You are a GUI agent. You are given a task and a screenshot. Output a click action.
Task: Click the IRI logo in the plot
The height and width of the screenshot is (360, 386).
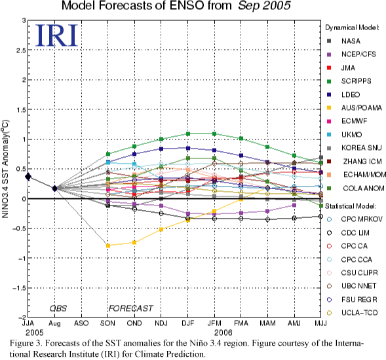click(x=56, y=35)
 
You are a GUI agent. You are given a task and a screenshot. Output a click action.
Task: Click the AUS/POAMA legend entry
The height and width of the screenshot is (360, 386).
click(x=354, y=108)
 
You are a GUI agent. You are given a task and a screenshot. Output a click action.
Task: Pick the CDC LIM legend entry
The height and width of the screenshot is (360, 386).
click(x=348, y=232)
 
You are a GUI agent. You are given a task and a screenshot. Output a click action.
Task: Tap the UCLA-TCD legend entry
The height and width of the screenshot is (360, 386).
click(x=352, y=313)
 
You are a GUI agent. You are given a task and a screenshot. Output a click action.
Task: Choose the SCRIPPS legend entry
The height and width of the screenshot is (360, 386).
click(x=349, y=81)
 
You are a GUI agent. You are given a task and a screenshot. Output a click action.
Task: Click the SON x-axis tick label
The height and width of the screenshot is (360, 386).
click(x=108, y=323)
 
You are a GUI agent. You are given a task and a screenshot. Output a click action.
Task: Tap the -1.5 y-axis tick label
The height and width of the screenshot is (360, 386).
click(x=19, y=288)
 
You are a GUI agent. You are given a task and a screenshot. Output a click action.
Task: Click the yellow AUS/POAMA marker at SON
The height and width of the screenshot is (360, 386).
click(x=108, y=245)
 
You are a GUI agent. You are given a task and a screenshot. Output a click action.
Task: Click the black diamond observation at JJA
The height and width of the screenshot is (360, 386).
click(x=28, y=176)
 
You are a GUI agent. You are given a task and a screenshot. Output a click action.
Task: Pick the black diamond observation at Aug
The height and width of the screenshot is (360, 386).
click(x=54, y=189)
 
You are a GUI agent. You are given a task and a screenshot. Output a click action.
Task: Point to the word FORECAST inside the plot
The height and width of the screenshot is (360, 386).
click(x=130, y=308)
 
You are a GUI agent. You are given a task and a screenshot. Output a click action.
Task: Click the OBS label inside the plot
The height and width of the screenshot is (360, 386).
click(x=58, y=308)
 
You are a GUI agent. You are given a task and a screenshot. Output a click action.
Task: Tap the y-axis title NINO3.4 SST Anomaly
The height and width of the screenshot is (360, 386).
click(x=5, y=169)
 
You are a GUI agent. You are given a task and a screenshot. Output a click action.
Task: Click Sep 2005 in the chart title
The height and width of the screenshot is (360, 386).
click(x=264, y=6)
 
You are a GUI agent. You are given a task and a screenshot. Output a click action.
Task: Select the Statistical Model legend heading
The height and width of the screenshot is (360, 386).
click(x=351, y=206)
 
